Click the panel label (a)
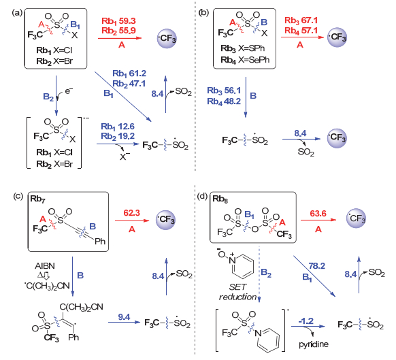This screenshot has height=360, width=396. coord(18,12)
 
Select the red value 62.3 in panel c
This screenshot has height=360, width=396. coord(131,213)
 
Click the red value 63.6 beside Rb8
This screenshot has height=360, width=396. coord(318,214)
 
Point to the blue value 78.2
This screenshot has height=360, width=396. coord(316,266)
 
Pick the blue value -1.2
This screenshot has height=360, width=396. coord(306,321)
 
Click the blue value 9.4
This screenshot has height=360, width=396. coord(124,317)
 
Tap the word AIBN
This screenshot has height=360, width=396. coord(45,266)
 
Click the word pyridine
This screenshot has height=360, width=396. coord(314,344)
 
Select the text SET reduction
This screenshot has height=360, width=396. coord(237,292)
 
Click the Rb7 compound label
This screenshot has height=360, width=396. coord(38,199)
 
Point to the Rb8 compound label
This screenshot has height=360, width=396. coord(220,199)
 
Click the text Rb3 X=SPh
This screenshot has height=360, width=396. coord(243,48)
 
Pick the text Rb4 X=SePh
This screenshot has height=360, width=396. coord(245,60)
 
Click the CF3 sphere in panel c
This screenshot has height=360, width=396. coord(165,219)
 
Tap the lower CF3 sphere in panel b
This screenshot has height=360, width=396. coord(337,138)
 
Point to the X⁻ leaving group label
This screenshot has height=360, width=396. coord(125,157)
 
